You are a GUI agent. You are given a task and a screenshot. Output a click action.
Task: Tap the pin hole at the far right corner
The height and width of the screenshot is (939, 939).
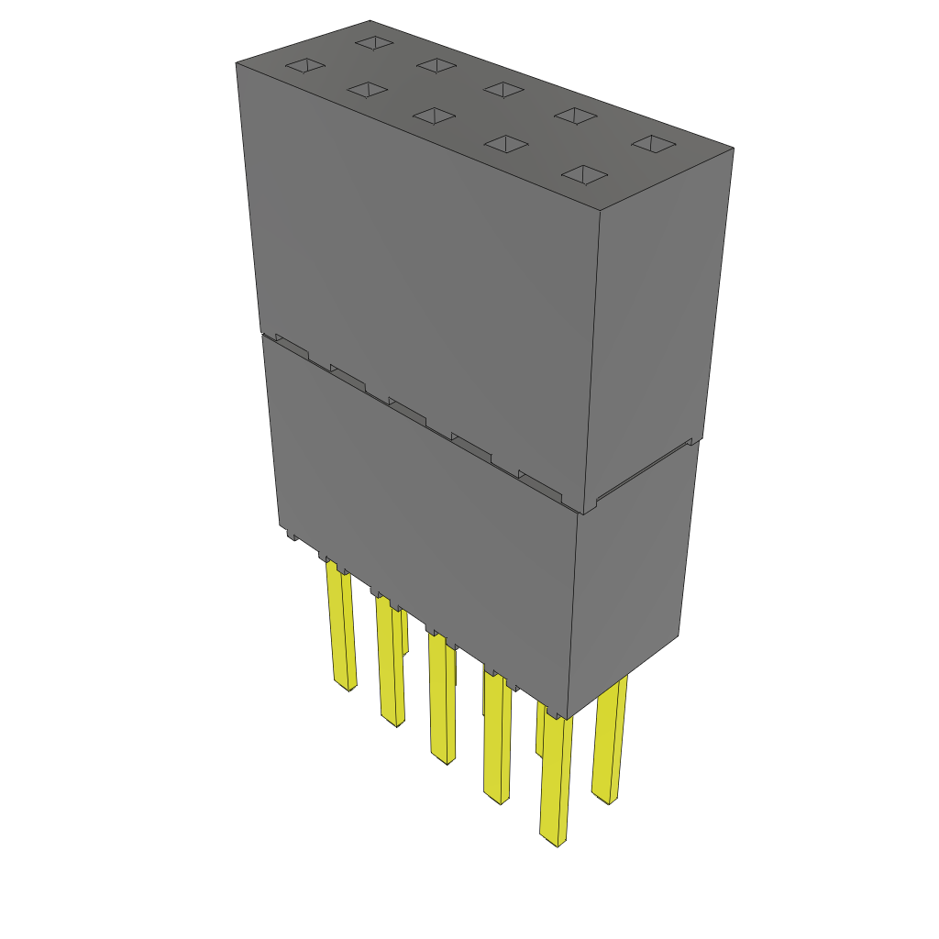click(654, 144)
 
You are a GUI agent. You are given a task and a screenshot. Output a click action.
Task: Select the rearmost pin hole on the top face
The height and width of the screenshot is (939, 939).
click(374, 42)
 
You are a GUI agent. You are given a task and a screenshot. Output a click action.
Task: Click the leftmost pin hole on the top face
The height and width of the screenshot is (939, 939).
click(305, 66)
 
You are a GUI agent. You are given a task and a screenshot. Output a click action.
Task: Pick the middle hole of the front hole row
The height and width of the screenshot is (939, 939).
click(434, 116)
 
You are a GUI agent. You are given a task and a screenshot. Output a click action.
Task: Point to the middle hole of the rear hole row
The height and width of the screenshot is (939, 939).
click(503, 89)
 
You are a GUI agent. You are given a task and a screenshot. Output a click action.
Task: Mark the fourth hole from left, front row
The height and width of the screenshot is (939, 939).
click(506, 144)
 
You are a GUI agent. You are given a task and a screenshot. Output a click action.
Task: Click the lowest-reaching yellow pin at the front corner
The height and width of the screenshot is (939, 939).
click(555, 779)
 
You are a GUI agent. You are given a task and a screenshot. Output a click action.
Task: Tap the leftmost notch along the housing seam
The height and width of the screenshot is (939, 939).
click(292, 347)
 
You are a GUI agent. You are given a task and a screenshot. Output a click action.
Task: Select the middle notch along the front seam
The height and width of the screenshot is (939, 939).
click(407, 410)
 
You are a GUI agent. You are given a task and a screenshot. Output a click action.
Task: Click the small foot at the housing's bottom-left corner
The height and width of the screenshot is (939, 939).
click(291, 534)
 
